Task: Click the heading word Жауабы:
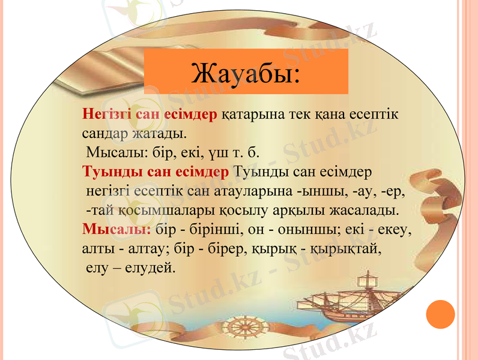coord(246,73)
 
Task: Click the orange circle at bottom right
coord(441,314)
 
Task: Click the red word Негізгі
coord(107,114)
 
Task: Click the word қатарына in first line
coord(252,114)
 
